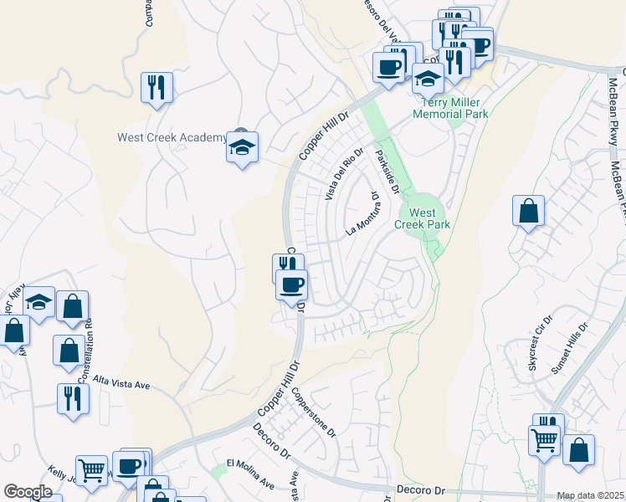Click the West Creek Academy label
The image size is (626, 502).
[171, 137]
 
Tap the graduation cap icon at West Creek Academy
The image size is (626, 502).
[243, 149]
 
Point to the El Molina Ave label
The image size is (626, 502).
[250, 474]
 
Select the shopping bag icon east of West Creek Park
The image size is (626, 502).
[529, 213]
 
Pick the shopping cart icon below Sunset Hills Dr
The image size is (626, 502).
[544, 438]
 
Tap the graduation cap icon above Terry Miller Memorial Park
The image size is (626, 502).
[428, 79]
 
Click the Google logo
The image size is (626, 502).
[28, 492]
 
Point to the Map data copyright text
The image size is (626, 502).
[591, 495]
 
